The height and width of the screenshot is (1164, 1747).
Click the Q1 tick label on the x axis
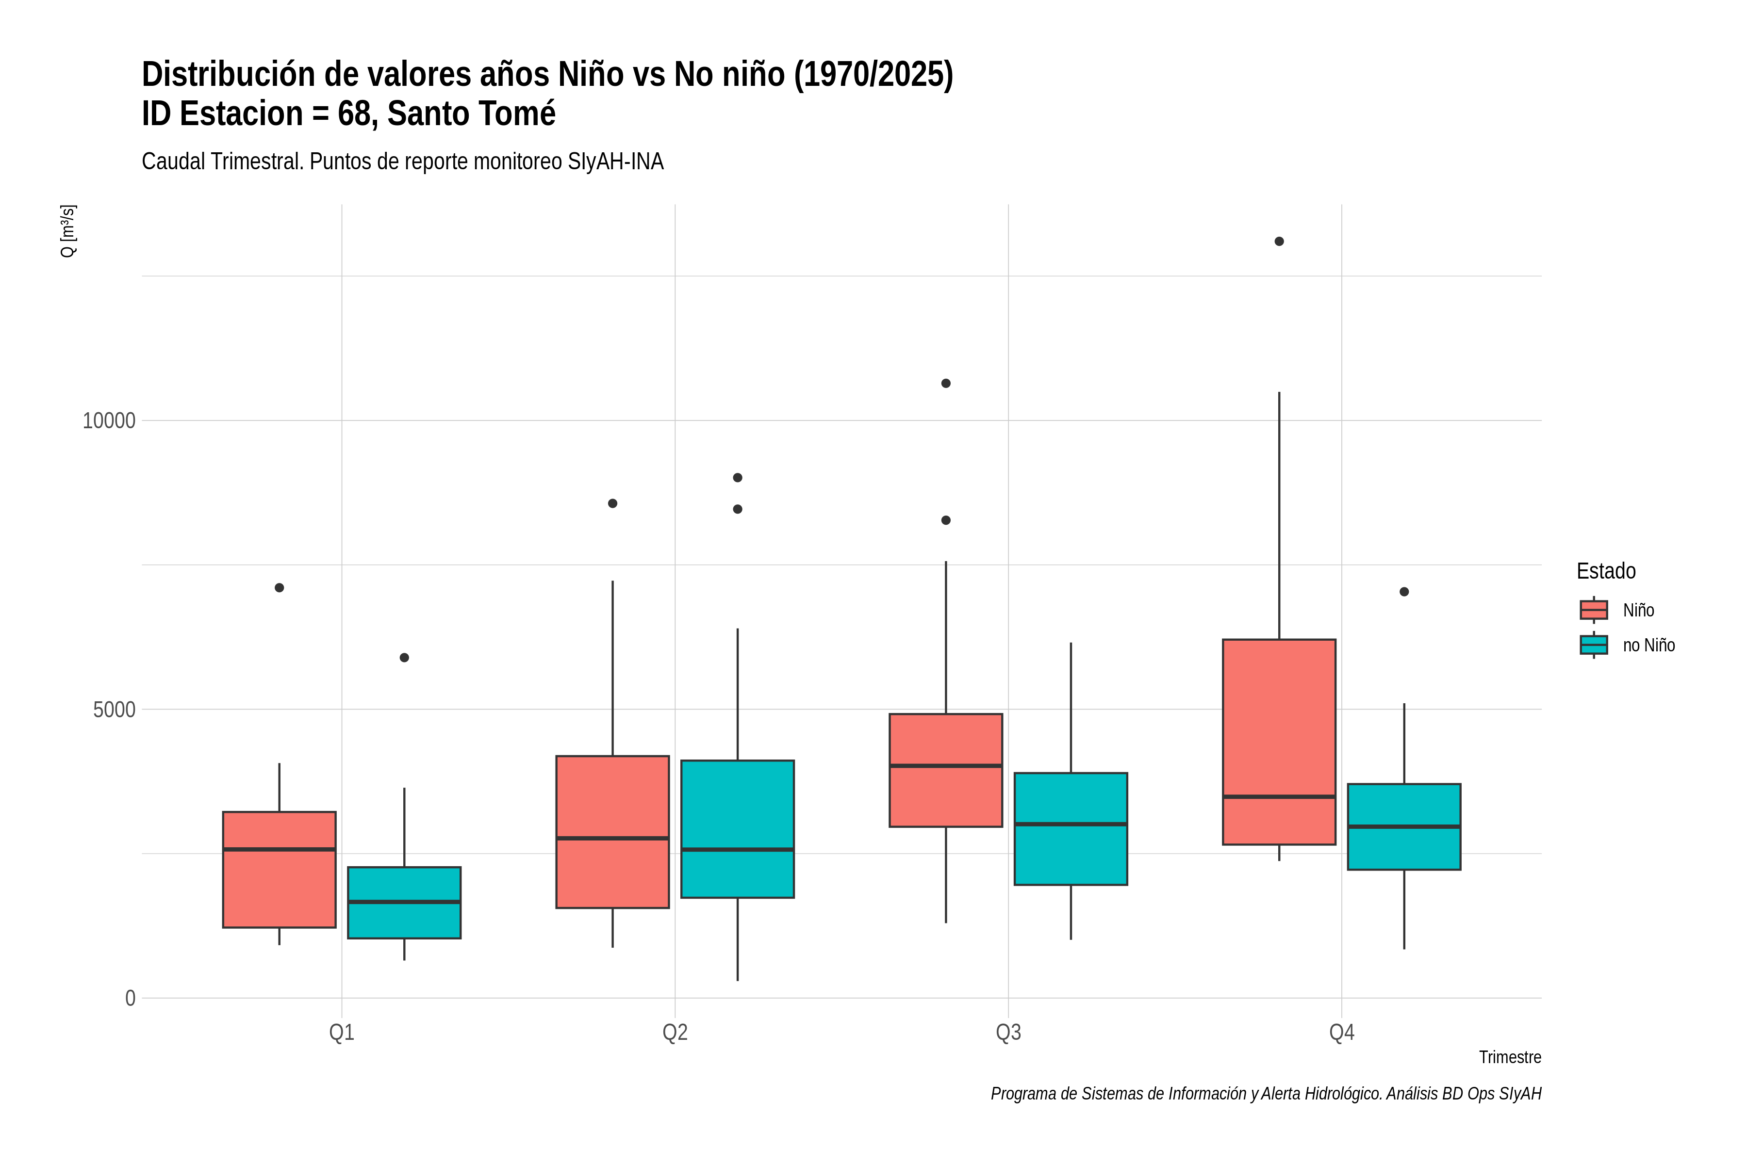coord(342,1033)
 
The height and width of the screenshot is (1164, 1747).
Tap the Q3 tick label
coord(1008,1033)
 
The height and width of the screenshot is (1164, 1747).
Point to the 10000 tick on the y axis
coord(109,421)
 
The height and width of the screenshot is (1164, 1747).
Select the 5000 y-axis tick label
coord(115,710)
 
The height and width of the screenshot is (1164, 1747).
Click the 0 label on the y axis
coord(131,999)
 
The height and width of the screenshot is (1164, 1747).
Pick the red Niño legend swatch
coord(1594,610)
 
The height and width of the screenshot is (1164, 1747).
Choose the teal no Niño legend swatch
coord(1594,645)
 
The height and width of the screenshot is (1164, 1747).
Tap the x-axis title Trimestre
coord(1510,1057)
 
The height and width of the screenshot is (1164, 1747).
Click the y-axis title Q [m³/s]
coord(67,231)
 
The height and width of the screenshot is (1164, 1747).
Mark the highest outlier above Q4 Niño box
coord(1279,241)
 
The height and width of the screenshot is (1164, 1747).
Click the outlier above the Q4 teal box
coord(1404,592)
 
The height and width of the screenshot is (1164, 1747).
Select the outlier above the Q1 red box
coord(280,588)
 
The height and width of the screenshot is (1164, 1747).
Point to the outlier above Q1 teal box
coord(404,658)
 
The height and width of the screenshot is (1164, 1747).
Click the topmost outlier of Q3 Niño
coord(945,383)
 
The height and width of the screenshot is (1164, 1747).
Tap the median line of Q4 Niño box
coord(1279,796)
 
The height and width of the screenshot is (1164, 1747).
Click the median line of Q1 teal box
coord(404,902)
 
